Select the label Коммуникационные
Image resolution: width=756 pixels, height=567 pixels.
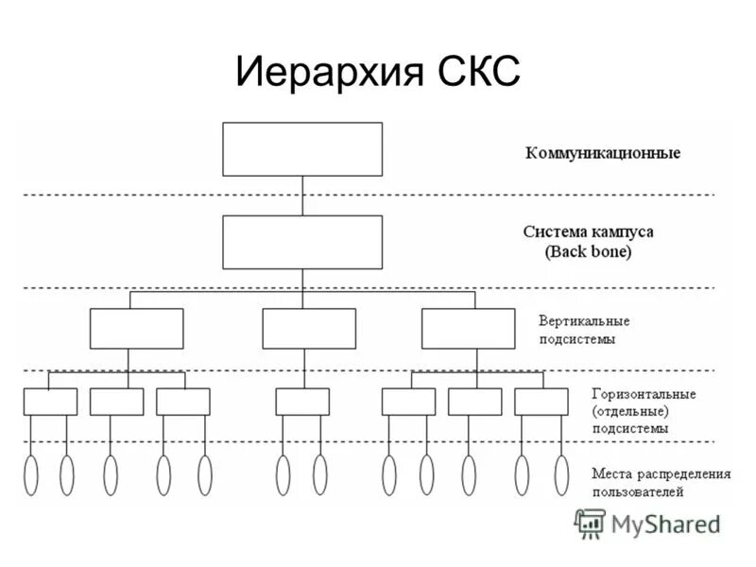602,152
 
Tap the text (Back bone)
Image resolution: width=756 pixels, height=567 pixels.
588,252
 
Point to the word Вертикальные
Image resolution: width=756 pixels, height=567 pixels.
584,320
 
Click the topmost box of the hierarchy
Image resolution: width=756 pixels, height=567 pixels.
302,149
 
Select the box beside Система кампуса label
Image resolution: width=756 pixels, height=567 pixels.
302,242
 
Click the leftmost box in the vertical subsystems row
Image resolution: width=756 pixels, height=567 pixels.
137,329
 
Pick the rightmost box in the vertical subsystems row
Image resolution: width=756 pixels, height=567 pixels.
467,329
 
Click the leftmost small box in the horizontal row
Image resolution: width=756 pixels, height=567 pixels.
50,402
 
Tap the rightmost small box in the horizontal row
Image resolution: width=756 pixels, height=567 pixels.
541,402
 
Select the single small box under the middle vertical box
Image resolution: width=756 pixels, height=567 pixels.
302,402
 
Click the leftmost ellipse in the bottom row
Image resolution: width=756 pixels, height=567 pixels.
31,475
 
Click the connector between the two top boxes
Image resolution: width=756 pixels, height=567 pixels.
302,196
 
